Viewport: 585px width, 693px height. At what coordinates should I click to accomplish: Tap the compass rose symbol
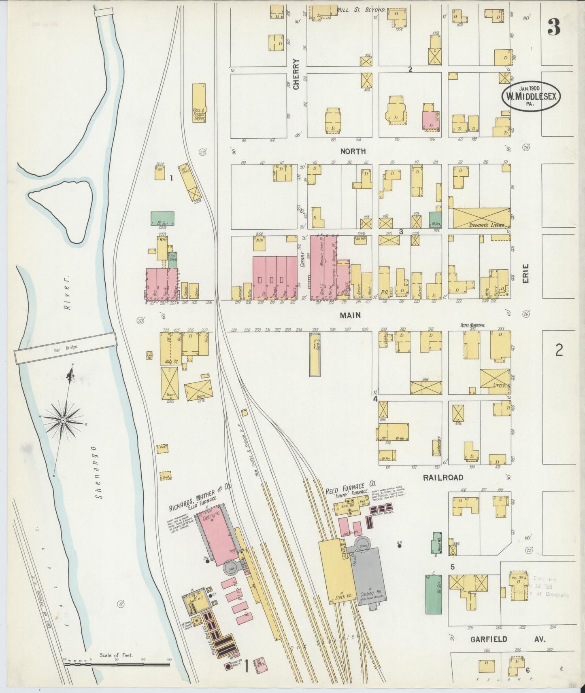(64, 420)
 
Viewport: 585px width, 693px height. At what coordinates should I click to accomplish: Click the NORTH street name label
(353, 151)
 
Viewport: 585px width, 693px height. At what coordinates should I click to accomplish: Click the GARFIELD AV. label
(508, 639)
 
